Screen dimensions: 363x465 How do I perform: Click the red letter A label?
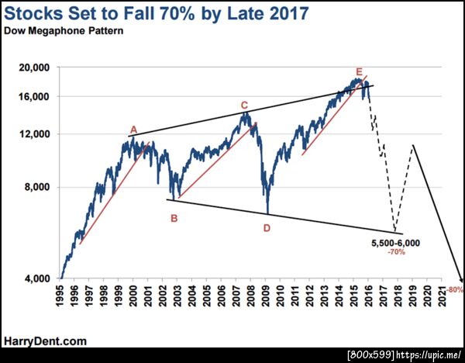pos(133,130)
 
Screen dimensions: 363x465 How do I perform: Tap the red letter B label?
pos(174,218)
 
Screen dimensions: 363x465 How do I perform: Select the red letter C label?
pos(243,105)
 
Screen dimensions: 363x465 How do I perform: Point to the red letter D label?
pos(267,228)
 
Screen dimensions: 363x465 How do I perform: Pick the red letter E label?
pos(359,71)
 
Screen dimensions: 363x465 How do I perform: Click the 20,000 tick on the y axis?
pos(33,68)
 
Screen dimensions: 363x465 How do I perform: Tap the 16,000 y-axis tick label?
pos(33,96)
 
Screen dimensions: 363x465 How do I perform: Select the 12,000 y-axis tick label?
pos(33,133)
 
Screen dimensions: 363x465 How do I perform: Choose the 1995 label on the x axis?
pos(60,297)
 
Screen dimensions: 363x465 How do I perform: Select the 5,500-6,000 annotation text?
pos(395,243)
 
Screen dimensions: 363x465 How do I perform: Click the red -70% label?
pos(397,253)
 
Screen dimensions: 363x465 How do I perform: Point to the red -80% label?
pos(455,290)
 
